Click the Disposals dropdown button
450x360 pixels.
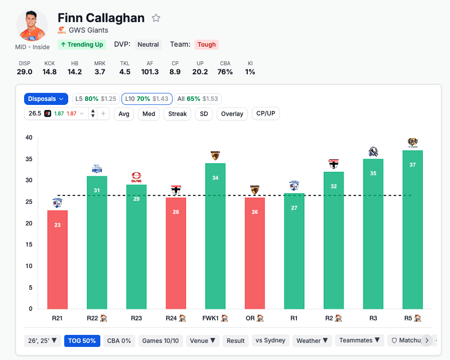(46, 99)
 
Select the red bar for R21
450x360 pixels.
(57, 259)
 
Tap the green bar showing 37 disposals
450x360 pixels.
(413, 229)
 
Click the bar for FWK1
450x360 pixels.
(215, 236)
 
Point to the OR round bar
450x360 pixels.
(255, 253)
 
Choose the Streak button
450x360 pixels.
(177, 114)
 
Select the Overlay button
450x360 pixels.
(232, 114)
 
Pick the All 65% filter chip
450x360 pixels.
(198, 99)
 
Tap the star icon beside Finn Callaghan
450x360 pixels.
(156, 18)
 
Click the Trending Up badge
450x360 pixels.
(81, 45)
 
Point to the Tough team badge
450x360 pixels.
(206, 45)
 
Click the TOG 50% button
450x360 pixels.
(82, 340)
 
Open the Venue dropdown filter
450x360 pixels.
(203, 340)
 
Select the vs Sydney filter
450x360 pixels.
(270, 340)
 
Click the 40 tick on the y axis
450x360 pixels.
(29, 138)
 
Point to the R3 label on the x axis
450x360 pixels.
(373, 318)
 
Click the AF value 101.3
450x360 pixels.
(149, 72)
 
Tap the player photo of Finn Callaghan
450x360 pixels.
(32, 25)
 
